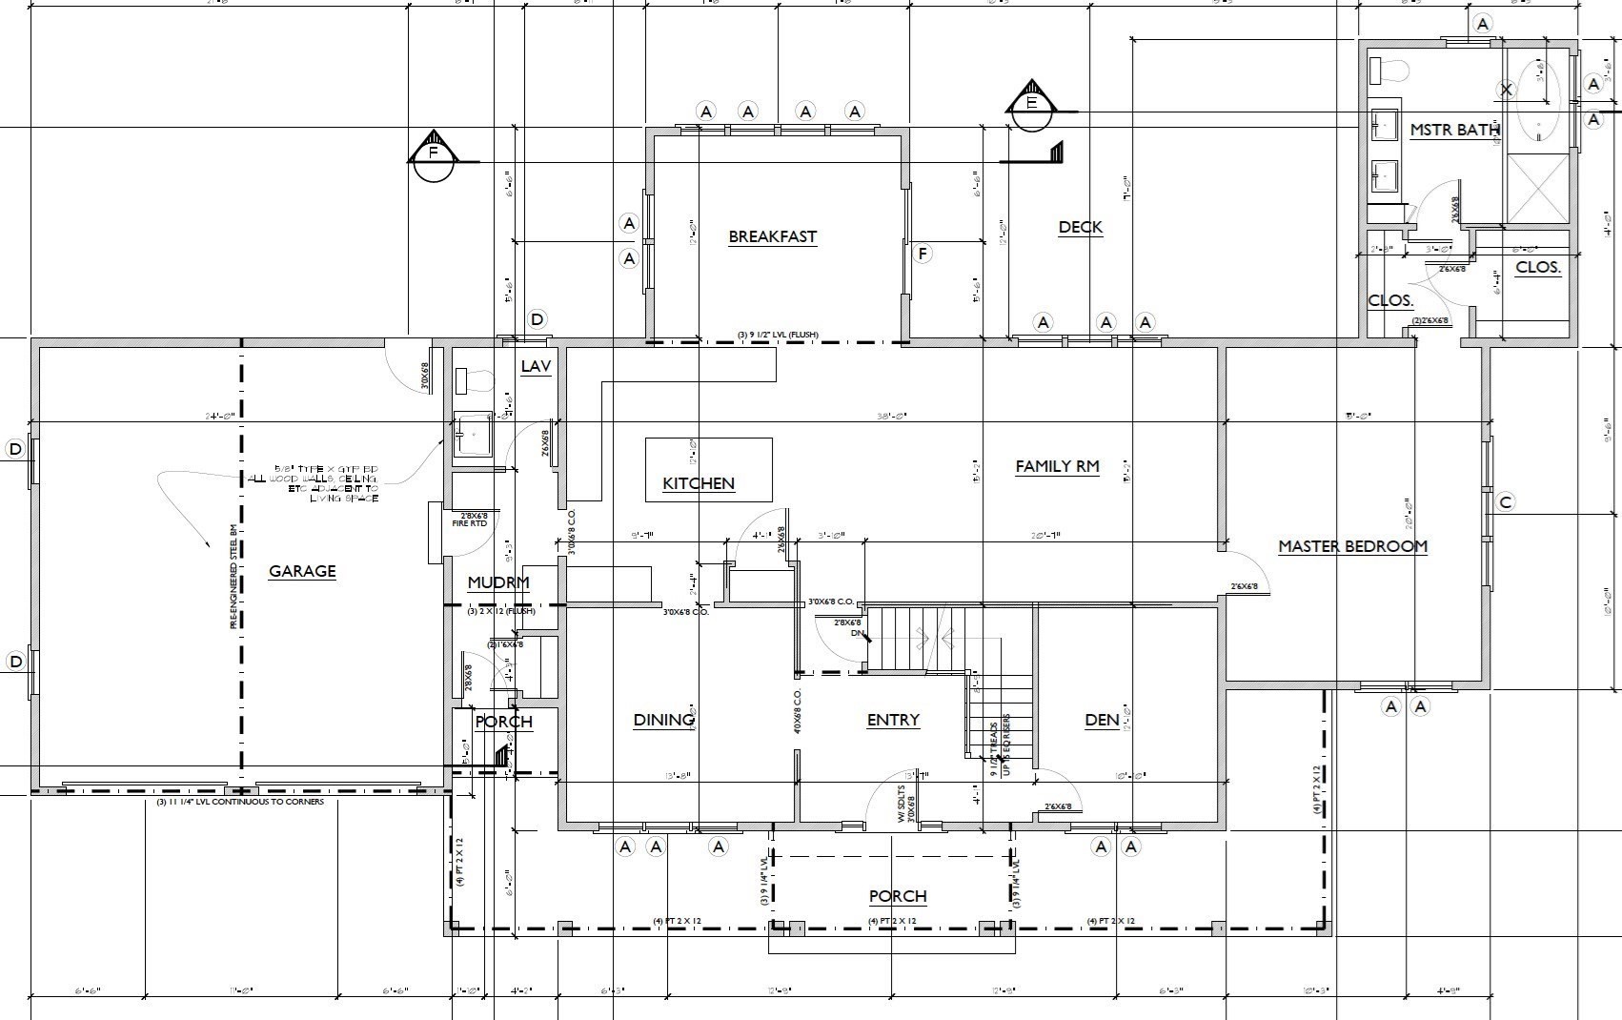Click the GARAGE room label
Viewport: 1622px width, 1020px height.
coord(302,571)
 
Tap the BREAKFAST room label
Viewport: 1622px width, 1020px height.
coord(772,236)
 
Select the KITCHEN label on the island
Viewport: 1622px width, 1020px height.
coord(699,483)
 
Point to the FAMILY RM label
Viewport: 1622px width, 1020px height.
coord(1057,466)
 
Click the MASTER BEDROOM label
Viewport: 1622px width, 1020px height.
coord(1352,546)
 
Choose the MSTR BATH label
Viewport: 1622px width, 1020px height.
coord(1454,130)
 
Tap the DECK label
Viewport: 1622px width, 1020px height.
coord(1081,227)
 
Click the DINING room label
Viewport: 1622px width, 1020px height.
coord(663,720)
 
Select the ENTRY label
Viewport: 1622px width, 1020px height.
coord(893,720)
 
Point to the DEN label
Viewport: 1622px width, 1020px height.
coord(1102,720)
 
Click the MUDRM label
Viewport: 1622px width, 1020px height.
coord(497,582)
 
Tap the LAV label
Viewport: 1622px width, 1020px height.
coord(536,366)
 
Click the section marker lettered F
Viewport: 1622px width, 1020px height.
coord(434,153)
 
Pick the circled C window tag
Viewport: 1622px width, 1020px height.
coord(1505,502)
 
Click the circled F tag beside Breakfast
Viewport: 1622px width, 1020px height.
coord(922,254)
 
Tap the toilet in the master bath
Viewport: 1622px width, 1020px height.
coord(1390,70)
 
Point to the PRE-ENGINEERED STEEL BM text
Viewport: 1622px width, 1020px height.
coord(233,577)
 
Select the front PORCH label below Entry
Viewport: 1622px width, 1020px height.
coord(897,896)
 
